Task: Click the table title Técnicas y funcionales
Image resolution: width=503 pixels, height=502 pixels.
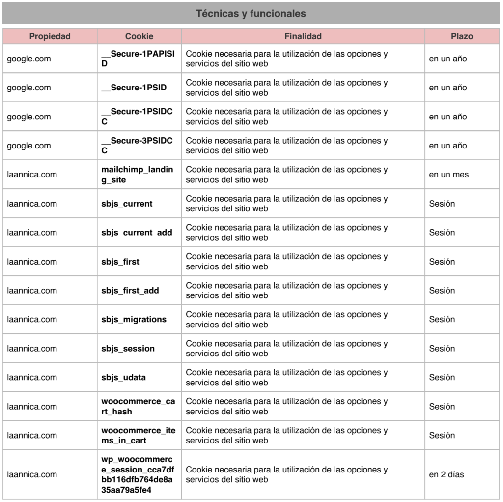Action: pos(251,14)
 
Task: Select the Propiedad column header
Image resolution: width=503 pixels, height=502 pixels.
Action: pos(50,36)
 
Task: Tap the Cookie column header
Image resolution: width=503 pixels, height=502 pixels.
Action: pos(139,36)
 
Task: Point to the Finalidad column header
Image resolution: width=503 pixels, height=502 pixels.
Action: pos(303,36)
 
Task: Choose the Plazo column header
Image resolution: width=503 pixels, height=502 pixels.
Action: pos(462,36)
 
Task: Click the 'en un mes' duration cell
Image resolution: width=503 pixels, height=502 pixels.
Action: pos(448,175)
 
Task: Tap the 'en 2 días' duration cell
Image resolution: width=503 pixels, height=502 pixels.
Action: pos(446,474)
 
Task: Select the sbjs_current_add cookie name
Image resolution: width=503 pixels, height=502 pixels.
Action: pos(137,233)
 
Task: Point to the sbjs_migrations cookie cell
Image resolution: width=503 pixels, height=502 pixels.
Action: pos(134,320)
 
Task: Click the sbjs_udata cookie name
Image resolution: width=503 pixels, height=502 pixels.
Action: pos(123,378)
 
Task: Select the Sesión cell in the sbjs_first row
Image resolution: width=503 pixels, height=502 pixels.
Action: pos(442,262)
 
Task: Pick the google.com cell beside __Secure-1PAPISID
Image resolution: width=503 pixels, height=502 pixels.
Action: pos(29,59)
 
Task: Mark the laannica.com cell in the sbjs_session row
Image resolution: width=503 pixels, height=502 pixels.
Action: pos(32,349)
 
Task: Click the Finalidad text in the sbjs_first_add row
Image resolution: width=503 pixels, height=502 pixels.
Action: pos(287,291)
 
